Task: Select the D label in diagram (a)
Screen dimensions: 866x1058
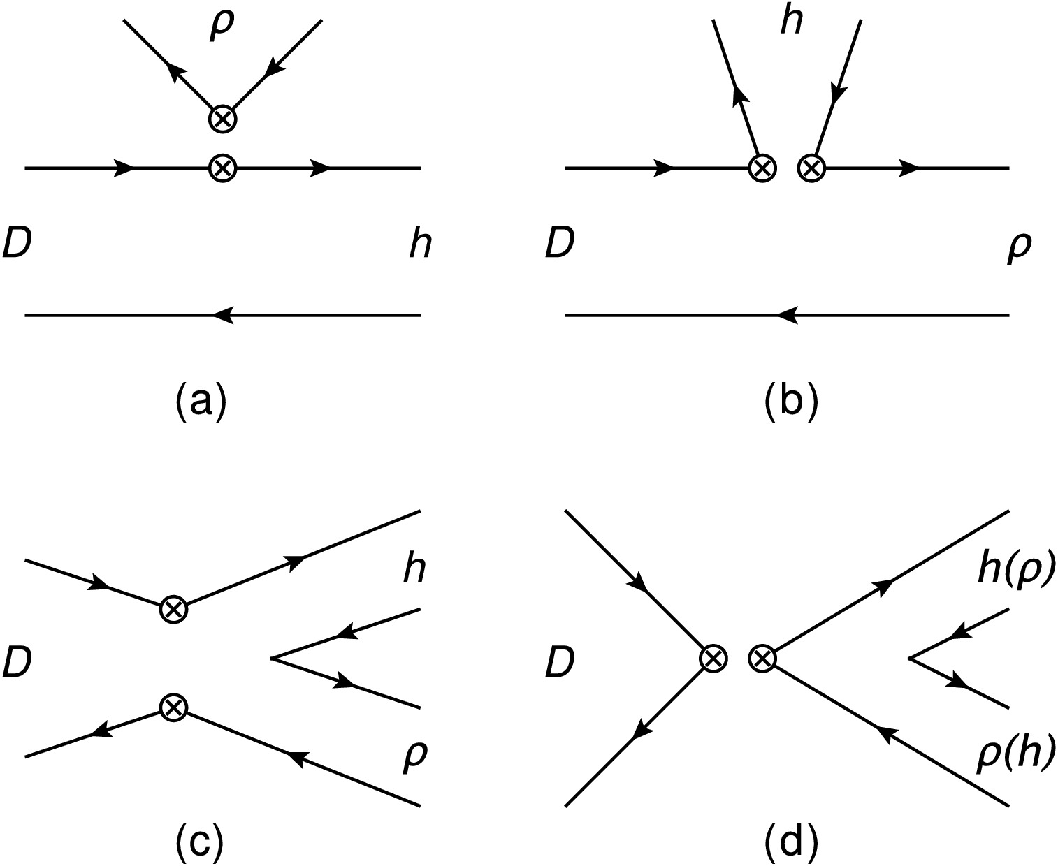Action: tap(18, 244)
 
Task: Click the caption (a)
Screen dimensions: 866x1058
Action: tap(201, 403)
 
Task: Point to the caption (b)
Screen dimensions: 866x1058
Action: tap(790, 403)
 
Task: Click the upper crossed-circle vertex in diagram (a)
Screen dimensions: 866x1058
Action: tap(223, 119)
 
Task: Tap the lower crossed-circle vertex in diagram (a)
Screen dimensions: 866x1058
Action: tap(223, 168)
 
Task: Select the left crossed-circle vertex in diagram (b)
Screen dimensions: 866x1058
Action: tap(762, 168)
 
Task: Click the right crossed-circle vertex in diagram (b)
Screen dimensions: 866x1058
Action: tap(811, 168)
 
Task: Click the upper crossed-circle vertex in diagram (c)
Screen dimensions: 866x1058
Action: tap(173, 608)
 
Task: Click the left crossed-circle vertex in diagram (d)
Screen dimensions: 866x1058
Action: tap(713, 657)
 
